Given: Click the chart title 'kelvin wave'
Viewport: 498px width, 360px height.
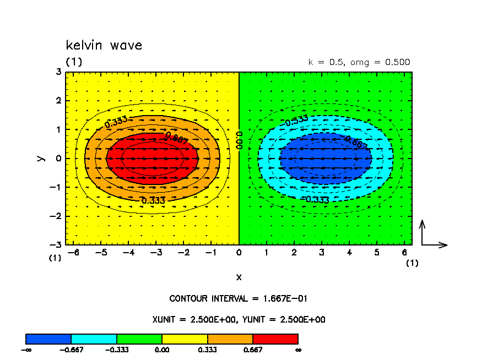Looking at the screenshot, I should [104, 45].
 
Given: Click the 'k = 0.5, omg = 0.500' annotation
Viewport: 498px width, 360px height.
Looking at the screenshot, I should [359, 62].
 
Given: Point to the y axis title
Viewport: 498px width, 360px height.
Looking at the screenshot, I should [40, 158].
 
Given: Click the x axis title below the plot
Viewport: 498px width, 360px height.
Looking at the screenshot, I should [239, 276].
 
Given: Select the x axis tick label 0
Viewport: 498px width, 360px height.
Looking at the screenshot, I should [239, 252].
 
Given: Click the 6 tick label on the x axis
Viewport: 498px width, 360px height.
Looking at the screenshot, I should [405, 252].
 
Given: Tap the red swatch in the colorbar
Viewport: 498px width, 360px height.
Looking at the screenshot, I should [275, 339].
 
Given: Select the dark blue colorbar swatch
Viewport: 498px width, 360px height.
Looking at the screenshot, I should [48, 339].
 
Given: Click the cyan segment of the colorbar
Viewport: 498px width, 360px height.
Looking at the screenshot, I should [94, 339].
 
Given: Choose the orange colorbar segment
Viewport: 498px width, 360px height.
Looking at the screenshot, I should [230, 339].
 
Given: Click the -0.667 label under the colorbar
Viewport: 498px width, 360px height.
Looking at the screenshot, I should [72, 350].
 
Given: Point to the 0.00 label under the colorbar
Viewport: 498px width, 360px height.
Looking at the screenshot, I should [162, 350].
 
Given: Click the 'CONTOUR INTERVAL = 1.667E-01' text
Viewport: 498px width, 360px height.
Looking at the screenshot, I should [238, 299].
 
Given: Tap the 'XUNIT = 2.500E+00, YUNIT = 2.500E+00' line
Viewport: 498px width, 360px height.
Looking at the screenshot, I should [238, 319].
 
